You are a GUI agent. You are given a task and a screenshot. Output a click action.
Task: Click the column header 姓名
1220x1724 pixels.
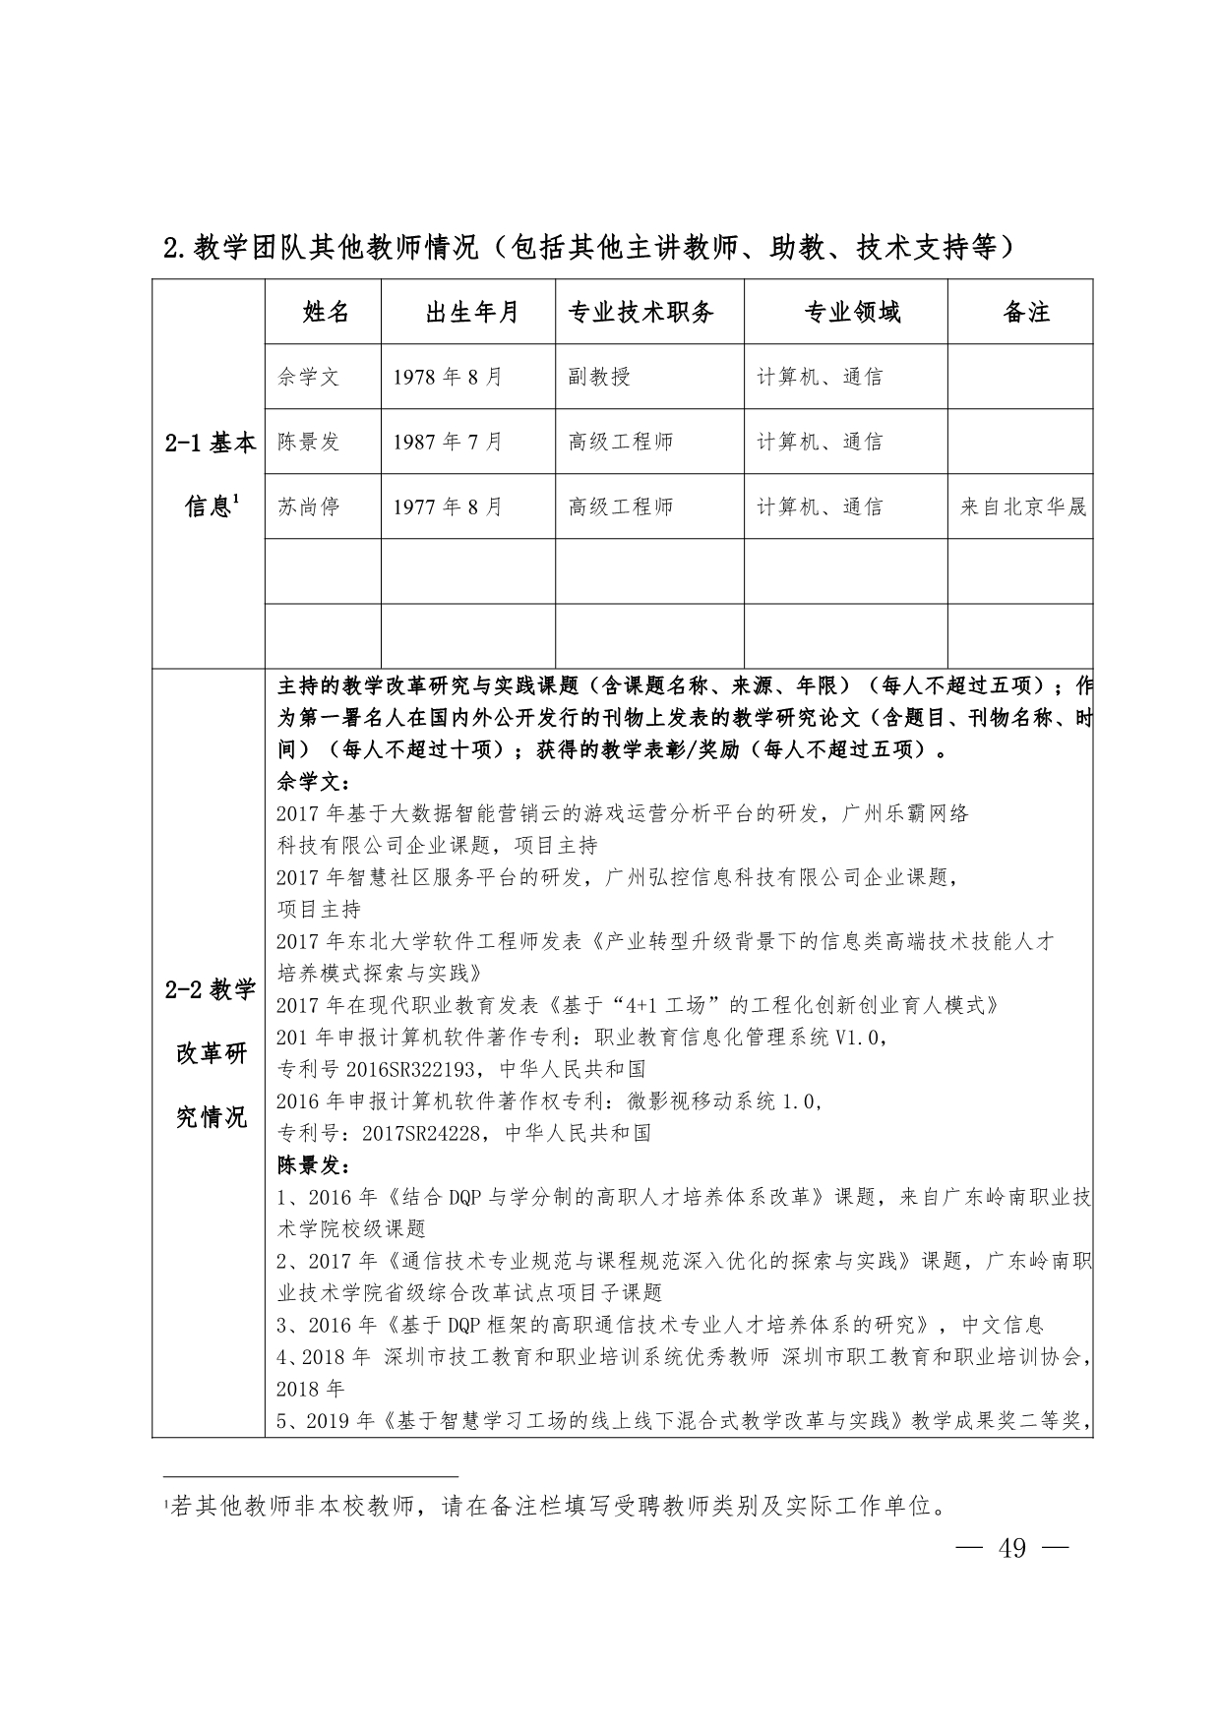click(325, 313)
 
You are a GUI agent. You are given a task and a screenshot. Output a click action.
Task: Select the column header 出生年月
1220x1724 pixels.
click(471, 313)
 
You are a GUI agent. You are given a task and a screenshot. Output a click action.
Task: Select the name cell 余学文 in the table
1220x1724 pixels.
click(308, 377)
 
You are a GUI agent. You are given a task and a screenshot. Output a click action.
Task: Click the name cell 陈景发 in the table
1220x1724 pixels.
click(308, 442)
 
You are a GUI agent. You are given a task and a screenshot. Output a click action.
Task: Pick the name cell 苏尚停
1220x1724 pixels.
click(308, 506)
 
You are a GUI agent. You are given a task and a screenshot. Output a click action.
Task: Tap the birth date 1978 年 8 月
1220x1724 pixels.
click(448, 377)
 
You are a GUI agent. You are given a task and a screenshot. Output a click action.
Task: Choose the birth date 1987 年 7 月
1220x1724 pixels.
click(448, 442)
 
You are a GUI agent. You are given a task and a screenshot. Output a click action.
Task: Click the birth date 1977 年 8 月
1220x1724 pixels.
click(448, 506)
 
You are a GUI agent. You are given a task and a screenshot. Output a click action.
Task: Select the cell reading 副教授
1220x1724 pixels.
click(599, 377)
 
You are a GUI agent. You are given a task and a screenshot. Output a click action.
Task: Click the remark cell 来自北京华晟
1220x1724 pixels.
click(1023, 506)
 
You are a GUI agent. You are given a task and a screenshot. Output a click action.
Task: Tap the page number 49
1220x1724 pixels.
click(1012, 1548)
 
